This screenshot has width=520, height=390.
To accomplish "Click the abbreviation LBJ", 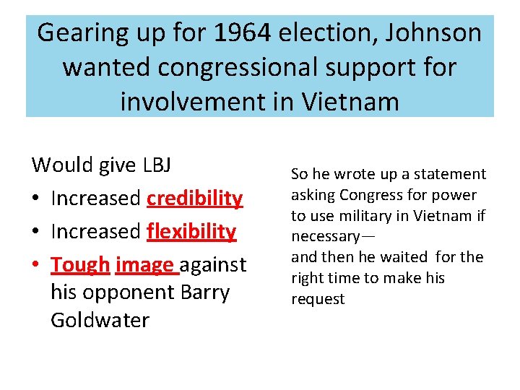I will click(156, 165).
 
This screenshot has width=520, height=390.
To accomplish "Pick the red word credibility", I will click(194, 198).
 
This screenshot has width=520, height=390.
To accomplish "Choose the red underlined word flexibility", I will click(191, 231).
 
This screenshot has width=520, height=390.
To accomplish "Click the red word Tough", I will click(79, 264).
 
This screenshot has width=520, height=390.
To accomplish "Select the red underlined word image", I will click(145, 264).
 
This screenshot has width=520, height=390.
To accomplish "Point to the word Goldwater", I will click(100, 319).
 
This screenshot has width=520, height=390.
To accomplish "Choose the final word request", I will click(318, 299).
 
